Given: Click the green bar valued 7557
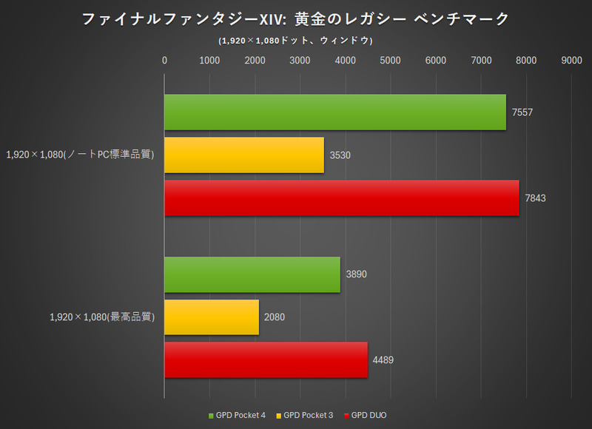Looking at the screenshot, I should click(x=335, y=112).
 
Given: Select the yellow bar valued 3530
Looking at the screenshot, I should click(x=244, y=155).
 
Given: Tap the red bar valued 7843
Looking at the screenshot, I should click(x=341, y=198).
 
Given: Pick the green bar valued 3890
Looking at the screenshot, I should click(x=252, y=274).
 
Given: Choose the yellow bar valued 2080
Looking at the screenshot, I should click(x=212, y=317).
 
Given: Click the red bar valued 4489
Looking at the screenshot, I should click(x=266, y=360).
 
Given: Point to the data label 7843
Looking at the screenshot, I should click(x=534, y=198).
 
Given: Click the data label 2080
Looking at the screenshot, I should click(x=273, y=317).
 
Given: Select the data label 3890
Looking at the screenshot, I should click(x=355, y=274).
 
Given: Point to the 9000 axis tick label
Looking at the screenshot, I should click(x=571, y=61).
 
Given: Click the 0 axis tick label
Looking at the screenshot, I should click(x=164, y=61).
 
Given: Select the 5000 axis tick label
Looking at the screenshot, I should click(x=391, y=61).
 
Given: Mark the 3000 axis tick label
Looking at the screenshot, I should click(x=300, y=61).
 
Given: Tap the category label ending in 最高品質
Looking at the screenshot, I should click(x=101, y=317).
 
